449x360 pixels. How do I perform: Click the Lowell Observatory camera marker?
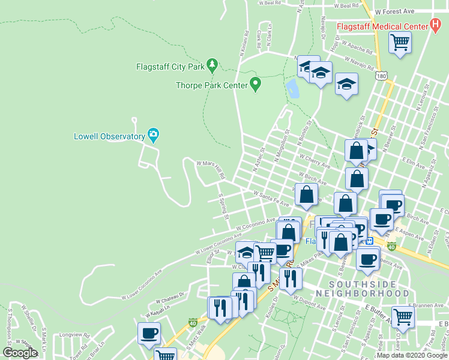click(x=153, y=136)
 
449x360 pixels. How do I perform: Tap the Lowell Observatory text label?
click(x=110, y=136)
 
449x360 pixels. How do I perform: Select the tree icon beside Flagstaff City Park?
click(x=211, y=65)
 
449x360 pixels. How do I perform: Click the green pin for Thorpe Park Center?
click(x=255, y=84)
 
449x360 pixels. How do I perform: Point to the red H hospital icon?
click(x=436, y=26)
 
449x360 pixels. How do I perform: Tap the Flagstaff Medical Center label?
click(x=381, y=27)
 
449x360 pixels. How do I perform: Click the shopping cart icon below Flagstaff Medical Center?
click(x=400, y=43)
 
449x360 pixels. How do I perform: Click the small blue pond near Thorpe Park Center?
click(x=293, y=89)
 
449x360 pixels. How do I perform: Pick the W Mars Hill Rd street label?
click(x=210, y=169)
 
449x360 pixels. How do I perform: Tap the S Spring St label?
click(x=222, y=206)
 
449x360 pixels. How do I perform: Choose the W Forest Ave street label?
click(x=394, y=11)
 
